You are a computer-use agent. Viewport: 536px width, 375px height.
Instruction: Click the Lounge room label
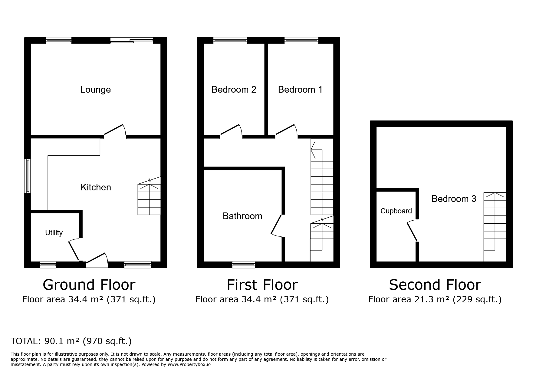point(95,90)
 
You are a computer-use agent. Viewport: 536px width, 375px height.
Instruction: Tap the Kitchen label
point(96,187)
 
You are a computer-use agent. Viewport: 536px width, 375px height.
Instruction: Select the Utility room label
point(54,233)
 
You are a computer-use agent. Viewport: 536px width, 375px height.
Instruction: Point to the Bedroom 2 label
point(234,90)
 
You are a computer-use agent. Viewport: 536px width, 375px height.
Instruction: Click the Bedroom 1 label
point(300,90)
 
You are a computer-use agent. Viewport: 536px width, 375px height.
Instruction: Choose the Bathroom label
point(242,216)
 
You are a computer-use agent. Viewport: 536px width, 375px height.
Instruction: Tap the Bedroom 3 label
point(454,199)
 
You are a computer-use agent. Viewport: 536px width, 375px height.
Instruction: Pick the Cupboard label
point(396,211)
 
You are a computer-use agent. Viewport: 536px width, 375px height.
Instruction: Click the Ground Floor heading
point(89,285)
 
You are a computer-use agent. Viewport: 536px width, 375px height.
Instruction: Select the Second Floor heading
point(435,285)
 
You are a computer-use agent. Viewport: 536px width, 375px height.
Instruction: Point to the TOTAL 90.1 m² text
point(71,341)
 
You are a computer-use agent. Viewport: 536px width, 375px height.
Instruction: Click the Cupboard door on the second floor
point(412,231)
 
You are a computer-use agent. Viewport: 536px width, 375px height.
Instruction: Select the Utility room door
point(74,250)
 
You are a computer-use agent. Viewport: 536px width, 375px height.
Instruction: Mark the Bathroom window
point(244,265)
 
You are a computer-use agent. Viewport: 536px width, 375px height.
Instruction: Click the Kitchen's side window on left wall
point(28,176)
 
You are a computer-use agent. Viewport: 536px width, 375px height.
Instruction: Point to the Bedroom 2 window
point(230,41)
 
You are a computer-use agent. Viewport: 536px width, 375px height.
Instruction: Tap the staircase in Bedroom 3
point(495,227)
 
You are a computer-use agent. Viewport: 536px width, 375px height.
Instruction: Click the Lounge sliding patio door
point(132,40)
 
